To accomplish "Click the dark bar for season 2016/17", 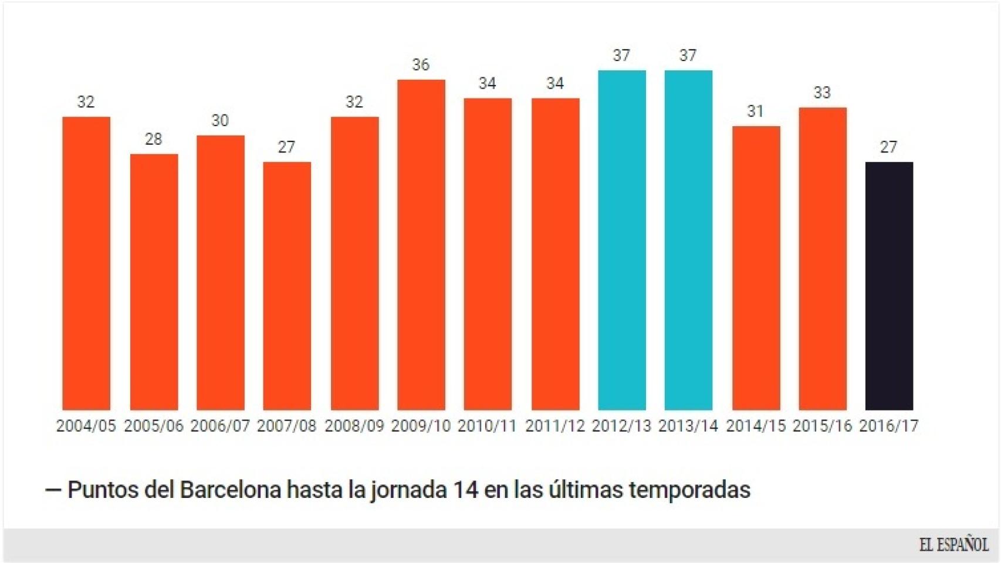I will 889,286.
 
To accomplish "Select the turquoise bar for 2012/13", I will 622,240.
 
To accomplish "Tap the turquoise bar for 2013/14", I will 688,240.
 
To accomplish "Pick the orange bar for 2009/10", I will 421,245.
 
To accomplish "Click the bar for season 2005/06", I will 154,281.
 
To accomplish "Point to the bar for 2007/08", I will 287,286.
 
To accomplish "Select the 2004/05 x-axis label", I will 86,426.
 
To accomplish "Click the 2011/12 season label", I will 555,426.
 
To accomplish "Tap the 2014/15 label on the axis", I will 756,426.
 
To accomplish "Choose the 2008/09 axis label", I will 354,426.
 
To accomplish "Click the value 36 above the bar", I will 421,65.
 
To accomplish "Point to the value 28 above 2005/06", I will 153,139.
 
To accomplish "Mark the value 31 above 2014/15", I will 755,111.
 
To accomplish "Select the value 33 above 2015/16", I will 822,93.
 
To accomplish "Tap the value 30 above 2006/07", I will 220,120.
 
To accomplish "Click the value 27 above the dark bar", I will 888,147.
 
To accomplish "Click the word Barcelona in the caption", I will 231,490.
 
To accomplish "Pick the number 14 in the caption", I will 466,490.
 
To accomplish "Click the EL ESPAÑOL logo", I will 953,545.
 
